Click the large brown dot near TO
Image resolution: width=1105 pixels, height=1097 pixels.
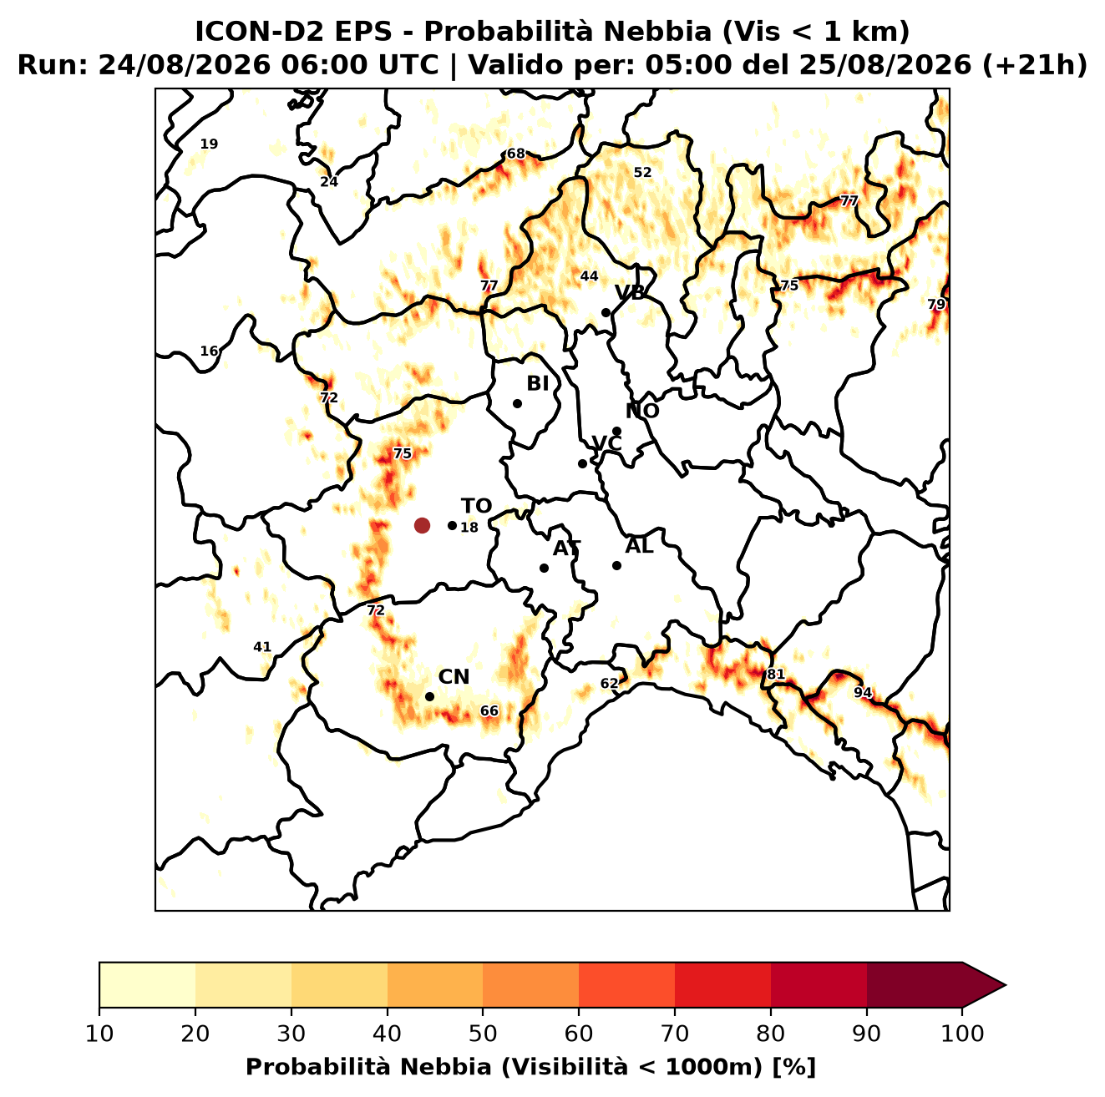coord(422,524)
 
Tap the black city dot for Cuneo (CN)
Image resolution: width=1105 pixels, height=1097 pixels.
coord(429,696)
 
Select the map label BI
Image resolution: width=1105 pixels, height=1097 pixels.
coord(537,384)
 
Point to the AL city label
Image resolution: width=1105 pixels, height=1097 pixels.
coord(639,546)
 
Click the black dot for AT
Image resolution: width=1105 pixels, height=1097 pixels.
coord(544,568)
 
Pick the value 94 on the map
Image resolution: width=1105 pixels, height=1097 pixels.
coord(863,692)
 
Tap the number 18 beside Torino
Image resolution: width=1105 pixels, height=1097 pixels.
coord(469,528)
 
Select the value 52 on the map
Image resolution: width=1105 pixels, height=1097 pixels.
coord(642,172)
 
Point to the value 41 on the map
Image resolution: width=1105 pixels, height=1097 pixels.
coord(262,647)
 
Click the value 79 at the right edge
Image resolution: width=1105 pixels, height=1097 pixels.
coord(935,304)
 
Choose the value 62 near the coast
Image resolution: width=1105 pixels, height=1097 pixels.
coord(609,683)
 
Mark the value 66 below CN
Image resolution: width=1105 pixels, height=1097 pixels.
coord(489,711)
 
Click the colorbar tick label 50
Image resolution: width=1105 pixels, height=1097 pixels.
coord(482,1034)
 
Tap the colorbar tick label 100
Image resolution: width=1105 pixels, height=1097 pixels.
coord(962,1034)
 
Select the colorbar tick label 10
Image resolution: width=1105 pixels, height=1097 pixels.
coord(99,1034)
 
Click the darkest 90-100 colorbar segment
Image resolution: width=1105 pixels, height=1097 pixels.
coord(914,984)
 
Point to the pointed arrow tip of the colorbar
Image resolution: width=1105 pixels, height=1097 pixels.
coord(1006,985)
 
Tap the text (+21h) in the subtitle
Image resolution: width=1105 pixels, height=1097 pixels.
coord(1035,65)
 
